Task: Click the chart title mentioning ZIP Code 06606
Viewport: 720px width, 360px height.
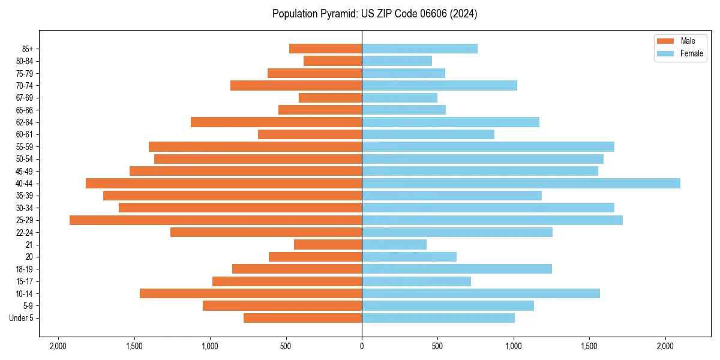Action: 374,14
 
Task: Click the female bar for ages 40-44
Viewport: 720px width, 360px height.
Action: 521,183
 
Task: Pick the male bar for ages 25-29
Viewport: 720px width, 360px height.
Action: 215,220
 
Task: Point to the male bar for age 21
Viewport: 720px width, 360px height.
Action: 328,245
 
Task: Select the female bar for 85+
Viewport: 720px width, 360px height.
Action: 419,49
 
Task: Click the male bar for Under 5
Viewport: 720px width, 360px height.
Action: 302,318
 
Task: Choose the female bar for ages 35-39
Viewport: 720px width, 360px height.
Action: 451,196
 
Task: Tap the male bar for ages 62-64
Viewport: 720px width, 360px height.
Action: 276,122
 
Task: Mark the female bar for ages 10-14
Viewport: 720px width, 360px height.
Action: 481,293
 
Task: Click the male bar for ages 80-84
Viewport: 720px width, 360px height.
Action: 332,61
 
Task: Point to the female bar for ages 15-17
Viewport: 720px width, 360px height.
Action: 416,281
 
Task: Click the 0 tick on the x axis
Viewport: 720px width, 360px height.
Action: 362,346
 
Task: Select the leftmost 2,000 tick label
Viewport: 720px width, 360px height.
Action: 58,346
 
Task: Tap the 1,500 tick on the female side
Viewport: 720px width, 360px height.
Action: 589,346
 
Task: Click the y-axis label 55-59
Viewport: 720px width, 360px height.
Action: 25,146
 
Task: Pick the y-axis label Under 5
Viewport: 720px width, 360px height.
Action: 21,318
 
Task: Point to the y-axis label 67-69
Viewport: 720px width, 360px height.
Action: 25,98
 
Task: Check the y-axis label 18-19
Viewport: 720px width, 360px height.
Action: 25,269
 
